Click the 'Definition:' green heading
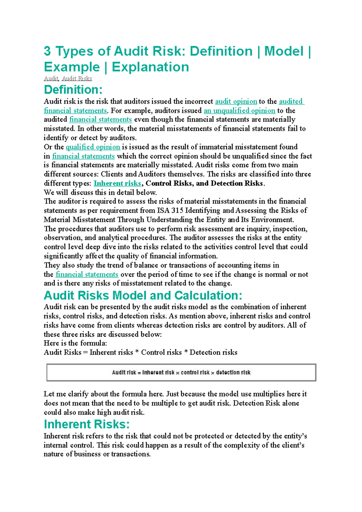pos(73,90)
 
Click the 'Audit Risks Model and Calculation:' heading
pos(143,296)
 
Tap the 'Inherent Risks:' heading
pos(87,424)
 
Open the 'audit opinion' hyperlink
pos(236,102)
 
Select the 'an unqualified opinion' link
pos(239,111)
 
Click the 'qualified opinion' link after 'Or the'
pos(93,147)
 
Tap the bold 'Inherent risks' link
pos(117,183)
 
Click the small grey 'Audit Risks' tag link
pos(77,79)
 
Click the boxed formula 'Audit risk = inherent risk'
pos(181,373)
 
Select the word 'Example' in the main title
pos(72,67)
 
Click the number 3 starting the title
pos(47,51)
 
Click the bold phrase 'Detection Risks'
pos(237,183)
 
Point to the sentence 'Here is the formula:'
pos(75,343)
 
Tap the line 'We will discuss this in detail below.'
pos(100,192)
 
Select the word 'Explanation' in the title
pos(150,67)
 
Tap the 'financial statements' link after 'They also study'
pos(87,274)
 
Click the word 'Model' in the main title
pos(284,51)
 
